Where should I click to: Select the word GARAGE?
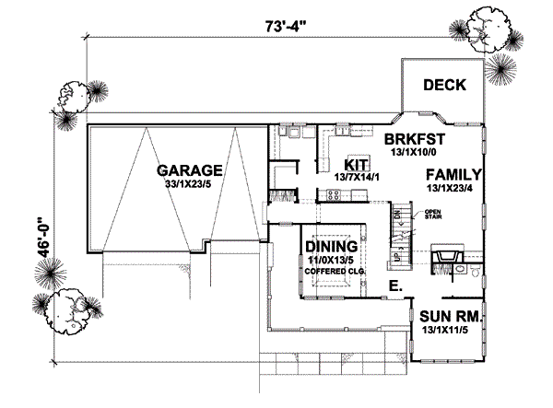point(189,170)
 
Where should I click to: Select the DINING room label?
point(330,247)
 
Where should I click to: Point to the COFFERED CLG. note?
point(330,273)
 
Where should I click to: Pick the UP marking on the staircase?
point(397,251)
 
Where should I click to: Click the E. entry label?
point(394,287)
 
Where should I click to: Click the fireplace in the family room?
point(447,255)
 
